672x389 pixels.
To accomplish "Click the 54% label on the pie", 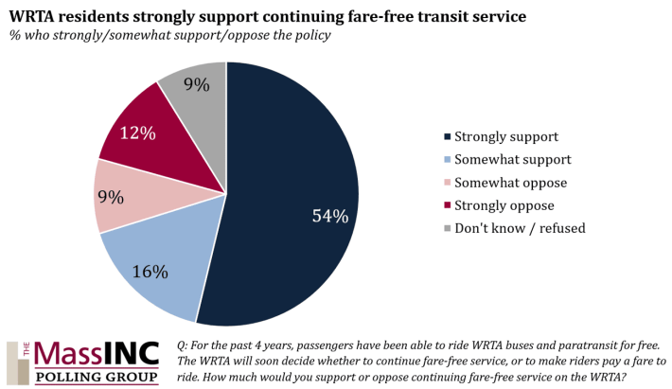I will coord(330,216).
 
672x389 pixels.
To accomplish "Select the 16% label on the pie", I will coord(150,273).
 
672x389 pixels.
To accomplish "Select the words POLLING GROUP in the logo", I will coord(97,377).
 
